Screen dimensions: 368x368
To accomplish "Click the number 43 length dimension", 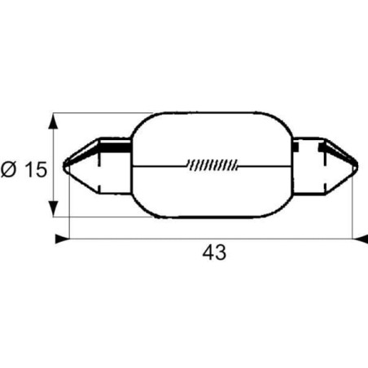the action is pyautogui.click(x=214, y=252).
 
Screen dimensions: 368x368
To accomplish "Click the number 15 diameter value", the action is pyautogui.click(x=36, y=169).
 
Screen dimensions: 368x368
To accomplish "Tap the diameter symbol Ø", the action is pyautogui.click(x=9, y=169).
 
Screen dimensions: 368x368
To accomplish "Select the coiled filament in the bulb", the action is pyautogui.click(x=212, y=165).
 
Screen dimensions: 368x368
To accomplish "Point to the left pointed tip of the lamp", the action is pyautogui.click(x=64, y=166).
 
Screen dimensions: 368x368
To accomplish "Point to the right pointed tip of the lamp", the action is pyautogui.click(x=357, y=166).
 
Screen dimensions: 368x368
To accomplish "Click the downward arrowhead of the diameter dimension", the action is pyautogui.click(x=54, y=208).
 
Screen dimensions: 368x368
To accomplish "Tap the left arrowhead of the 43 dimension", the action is pyautogui.click(x=63, y=239).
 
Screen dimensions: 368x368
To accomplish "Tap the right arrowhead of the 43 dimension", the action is pyautogui.click(x=360, y=239).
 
